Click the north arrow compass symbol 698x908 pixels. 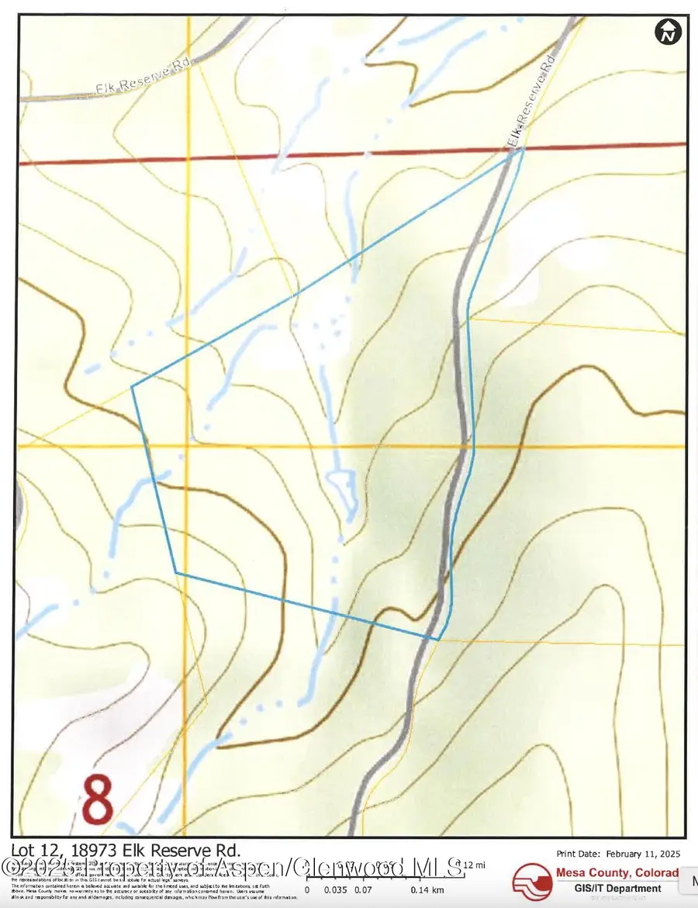668,32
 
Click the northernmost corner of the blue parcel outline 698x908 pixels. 523,148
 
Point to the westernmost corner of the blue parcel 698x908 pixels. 132,385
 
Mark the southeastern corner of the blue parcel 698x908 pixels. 438,640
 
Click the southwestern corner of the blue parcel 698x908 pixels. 176,572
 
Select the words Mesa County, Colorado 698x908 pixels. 617,873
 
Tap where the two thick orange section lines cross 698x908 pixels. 187,447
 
